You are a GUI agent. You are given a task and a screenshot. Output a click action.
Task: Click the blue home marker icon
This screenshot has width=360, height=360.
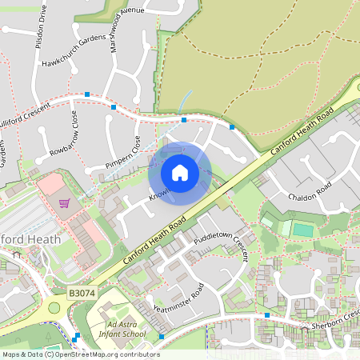point(180,173)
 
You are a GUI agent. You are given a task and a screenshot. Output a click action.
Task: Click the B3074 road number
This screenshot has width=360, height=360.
point(82,295)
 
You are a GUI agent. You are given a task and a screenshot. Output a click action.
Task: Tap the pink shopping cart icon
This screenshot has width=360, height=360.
point(63,202)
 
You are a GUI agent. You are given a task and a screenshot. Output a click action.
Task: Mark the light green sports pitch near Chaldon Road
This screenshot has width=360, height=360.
point(302,230)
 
